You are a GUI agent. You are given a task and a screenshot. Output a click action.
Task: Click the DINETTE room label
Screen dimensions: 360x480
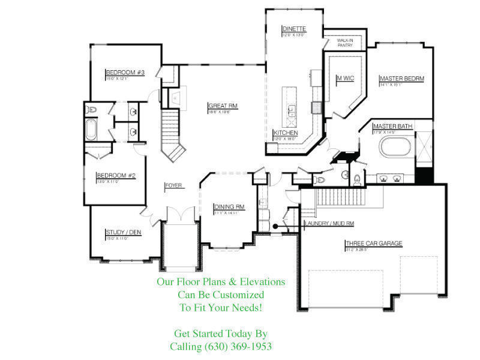tap(295, 29)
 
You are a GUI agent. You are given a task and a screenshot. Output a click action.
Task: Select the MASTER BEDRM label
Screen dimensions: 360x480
tap(402, 79)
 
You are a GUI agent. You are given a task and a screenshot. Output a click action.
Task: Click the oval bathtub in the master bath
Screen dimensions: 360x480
tap(395, 147)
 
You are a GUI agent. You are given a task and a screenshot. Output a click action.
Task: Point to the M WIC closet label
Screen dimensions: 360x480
tap(345, 77)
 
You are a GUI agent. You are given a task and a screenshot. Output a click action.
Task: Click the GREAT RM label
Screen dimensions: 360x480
tap(223, 106)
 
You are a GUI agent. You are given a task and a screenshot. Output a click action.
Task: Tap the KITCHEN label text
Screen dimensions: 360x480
tap(286, 133)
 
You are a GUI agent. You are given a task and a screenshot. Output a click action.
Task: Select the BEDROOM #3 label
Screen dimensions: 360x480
tap(125, 72)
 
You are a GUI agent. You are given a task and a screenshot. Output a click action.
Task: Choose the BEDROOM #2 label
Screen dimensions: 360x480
tap(116, 176)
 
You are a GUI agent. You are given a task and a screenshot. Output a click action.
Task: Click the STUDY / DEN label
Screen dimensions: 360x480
tap(123, 232)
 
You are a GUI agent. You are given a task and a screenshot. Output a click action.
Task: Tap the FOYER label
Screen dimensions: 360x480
tap(173, 185)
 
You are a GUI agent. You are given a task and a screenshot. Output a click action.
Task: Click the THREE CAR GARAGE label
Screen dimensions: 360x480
tap(373, 244)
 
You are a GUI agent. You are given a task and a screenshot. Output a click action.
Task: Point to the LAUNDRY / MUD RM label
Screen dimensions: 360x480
tap(329, 223)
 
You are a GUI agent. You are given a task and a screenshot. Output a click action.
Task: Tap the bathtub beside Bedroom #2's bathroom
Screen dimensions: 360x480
tap(91, 130)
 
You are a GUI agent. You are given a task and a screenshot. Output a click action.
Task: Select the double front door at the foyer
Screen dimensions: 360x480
tap(179, 213)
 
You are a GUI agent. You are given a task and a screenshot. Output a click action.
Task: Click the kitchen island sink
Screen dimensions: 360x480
tap(291, 110)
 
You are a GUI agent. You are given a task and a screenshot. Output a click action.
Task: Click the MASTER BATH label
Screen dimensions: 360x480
tap(392, 126)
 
